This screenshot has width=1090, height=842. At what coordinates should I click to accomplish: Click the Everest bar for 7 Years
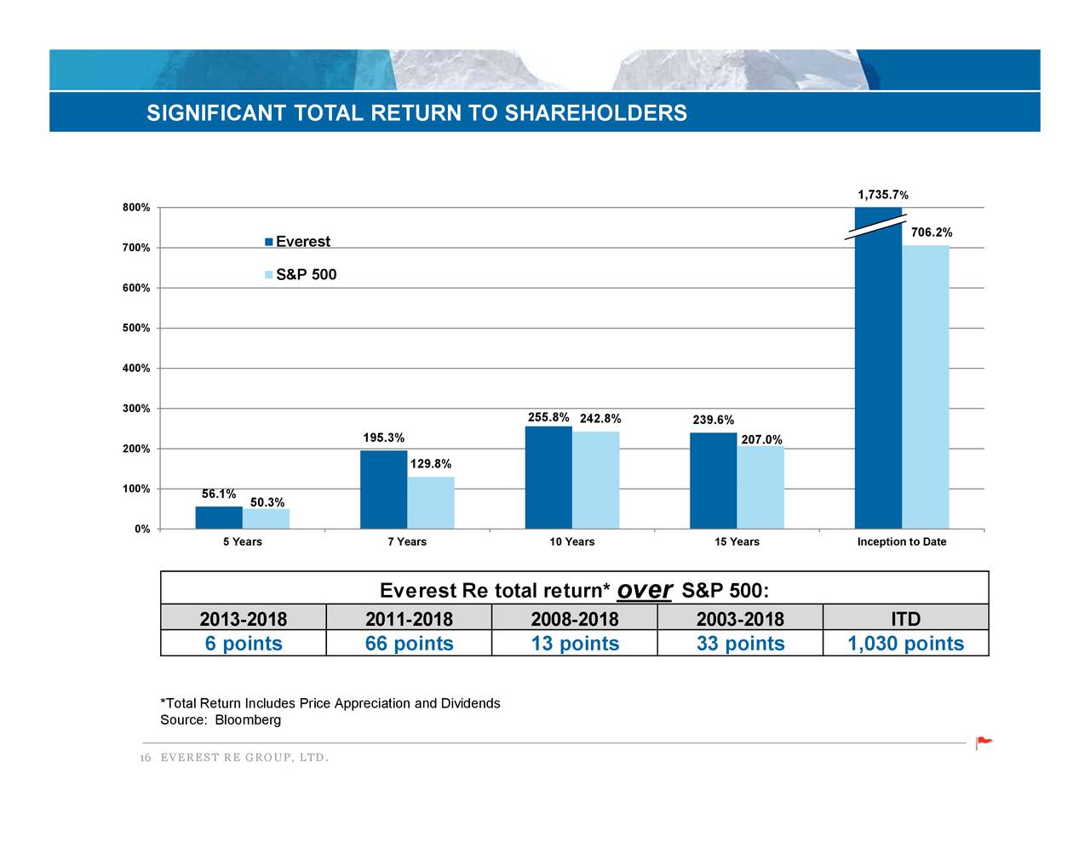pos(383,490)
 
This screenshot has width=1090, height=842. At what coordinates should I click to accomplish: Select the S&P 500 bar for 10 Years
pos(595,480)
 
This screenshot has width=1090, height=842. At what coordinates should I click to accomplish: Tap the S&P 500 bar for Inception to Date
pos(925,387)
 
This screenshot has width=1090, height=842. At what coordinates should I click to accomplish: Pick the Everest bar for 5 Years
pos(219,518)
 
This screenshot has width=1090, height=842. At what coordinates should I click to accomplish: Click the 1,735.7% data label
pos(882,195)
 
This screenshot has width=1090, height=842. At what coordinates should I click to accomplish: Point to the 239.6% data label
pos(714,420)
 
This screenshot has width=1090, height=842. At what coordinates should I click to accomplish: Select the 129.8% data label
pos(431,464)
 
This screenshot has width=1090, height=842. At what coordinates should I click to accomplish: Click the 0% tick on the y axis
pos(142,530)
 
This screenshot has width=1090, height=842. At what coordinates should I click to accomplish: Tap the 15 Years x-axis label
pos(737,542)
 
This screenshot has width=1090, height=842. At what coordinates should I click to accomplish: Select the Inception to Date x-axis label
pos(901,542)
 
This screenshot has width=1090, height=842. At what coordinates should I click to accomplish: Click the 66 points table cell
pos(409,644)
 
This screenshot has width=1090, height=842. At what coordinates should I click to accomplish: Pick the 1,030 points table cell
pos(905,644)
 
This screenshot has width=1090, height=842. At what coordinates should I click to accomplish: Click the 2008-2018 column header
pos(574,618)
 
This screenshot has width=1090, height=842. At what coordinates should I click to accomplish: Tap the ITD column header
pos(905,618)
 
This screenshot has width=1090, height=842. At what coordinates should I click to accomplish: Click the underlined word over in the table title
pos(645,590)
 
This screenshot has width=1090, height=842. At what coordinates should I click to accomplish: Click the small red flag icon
pos(984,742)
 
